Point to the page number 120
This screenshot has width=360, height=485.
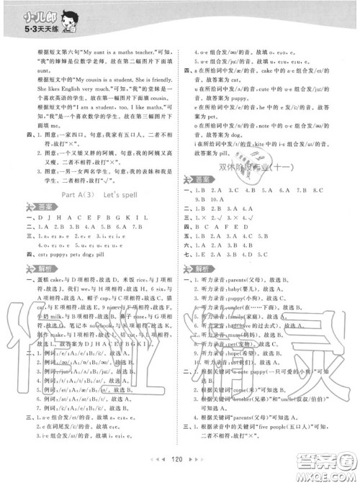click(x=180, y=476)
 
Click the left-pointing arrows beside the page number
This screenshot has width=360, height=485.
click(x=161, y=476)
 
